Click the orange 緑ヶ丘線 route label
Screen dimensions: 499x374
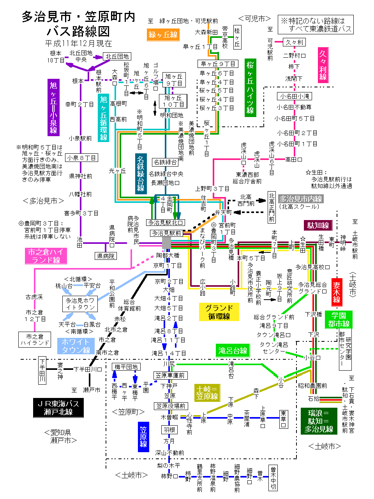pyautogui.click(x=163, y=35)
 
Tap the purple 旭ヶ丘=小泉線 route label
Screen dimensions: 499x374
pyautogui.click(x=53, y=108)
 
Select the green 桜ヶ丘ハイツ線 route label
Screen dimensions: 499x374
pyautogui.click(x=250, y=87)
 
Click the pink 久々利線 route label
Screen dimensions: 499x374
pyautogui.click(x=323, y=65)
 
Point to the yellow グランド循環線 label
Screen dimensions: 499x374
pyautogui.click(x=219, y=312)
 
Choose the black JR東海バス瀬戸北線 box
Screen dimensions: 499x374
pyautogui.click(x=58, y=407)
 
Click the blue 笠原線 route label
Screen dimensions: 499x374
pyautogui.click(x=143, y=437)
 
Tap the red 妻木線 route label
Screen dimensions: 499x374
pyautogui.click(x=337, y=292)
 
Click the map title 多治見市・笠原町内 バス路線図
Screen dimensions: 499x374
pyautogui.click(x=78, y=23)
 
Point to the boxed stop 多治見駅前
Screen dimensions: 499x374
pyautogui.click(x=166, y=233)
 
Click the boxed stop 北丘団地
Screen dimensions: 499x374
pyautogui.click(x=117, y=56)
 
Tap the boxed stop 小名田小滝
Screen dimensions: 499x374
pyautogui.click(x=294, y=96)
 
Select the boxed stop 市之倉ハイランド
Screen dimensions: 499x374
pyautogui.click(x=35, y=339)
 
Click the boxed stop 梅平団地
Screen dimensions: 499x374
pyautogui.click(x=126, y=367)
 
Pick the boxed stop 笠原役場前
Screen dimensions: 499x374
pyautogui.click(x=171, y=406)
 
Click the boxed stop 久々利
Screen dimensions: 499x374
pyautogui.click(x=294, y=42)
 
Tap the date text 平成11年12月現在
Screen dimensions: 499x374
pyautogui.click(x=78, y=43)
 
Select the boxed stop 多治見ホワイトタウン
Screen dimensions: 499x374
pyautogui.click(x=80, y=304)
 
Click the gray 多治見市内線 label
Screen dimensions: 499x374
pyautogui.click(x=301, y=199)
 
